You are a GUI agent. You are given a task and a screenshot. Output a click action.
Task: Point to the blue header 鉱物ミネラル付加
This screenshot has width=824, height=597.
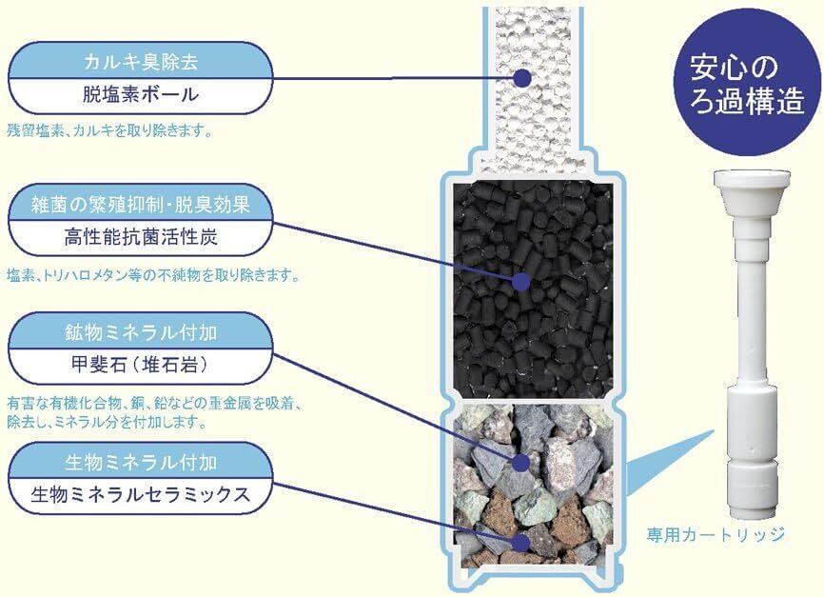coord(141,333)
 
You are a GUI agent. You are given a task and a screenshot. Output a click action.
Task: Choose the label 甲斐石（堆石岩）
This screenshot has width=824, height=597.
coord(141,364)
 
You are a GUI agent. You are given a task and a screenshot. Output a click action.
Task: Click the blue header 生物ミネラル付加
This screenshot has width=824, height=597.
coord(141,464)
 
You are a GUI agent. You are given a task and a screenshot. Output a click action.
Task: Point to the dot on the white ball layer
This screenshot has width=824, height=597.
coord(521,78)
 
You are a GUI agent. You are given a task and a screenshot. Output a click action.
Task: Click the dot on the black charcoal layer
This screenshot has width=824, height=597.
coord(520,281)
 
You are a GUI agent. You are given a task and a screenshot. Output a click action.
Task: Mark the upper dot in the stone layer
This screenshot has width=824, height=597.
coord(521,463)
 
